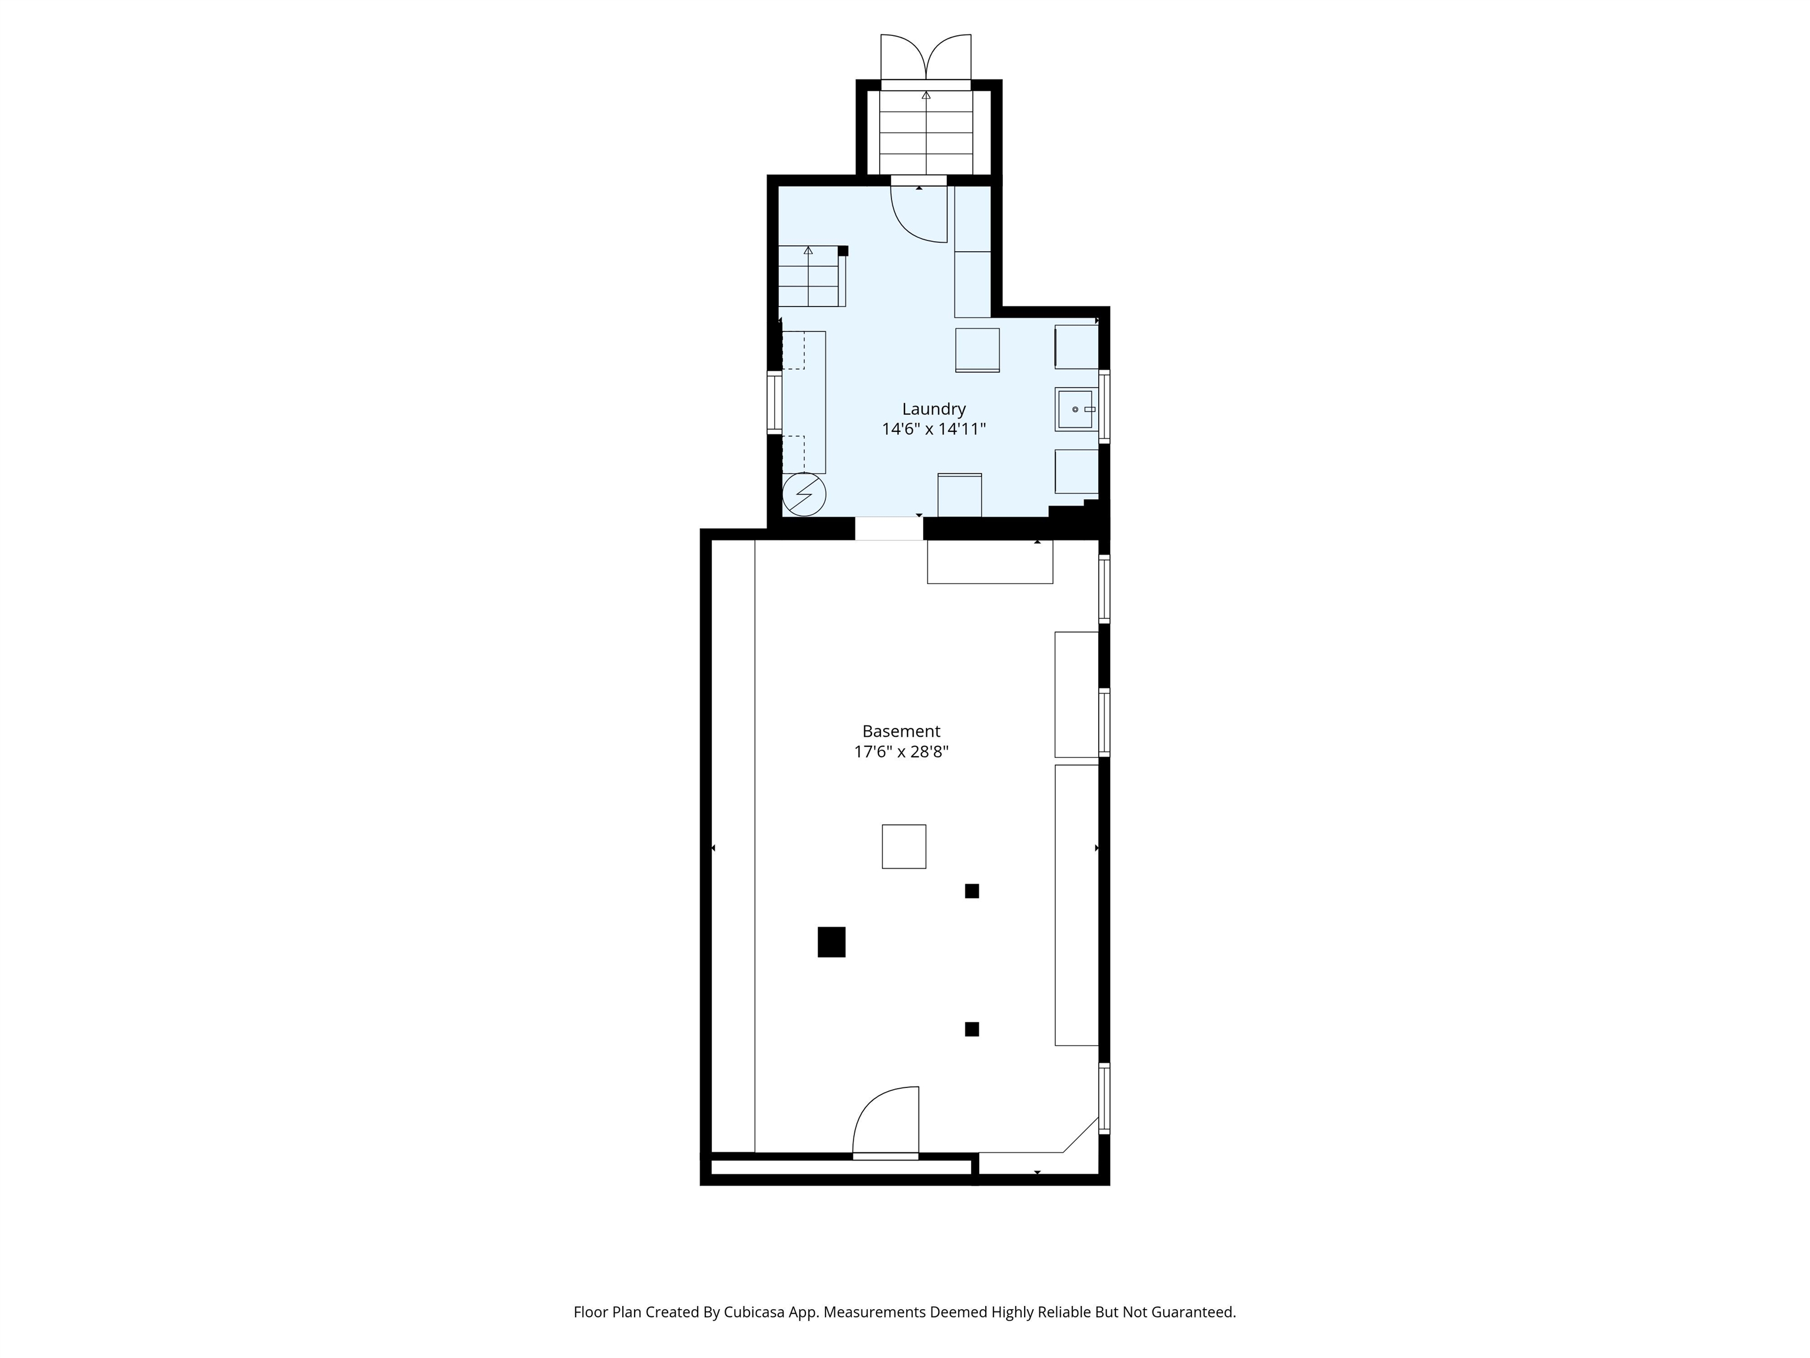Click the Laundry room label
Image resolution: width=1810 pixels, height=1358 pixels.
[934, 409]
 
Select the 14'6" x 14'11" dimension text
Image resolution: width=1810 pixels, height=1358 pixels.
[934, 429]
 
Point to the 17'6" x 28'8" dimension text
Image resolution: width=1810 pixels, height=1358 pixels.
[901, 751]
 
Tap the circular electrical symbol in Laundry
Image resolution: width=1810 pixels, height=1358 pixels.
[804, 495]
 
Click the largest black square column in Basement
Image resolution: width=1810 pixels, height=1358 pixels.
[831, 942]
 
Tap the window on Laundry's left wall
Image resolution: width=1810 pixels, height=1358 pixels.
[773, 402]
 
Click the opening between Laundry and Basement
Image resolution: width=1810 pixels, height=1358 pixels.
[890, 528]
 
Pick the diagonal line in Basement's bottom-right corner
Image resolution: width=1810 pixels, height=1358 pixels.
[1080, 1135]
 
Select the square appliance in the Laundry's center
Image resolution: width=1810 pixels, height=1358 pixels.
[978, 350]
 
